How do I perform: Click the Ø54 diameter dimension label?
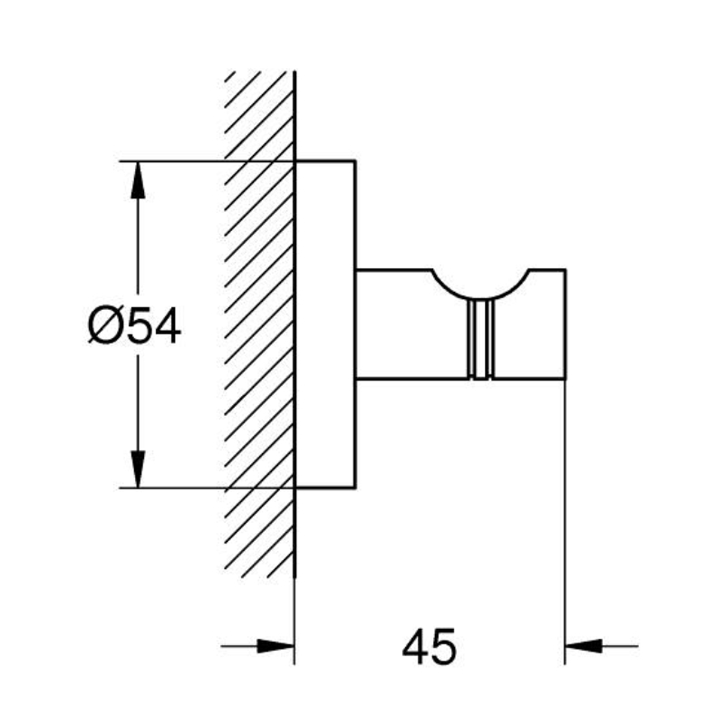(134, 327)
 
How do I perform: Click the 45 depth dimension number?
(429, 646)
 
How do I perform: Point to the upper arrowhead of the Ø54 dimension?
(138, 180)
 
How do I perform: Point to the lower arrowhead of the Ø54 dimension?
(138, 469)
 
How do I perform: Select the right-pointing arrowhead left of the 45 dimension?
(275, 646)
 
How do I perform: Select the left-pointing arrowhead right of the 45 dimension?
(584, 646)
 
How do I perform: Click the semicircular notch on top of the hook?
(481, 297)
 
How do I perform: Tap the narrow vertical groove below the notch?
(481, 339)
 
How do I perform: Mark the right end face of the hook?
(565, 324)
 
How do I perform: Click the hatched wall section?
(259, 324)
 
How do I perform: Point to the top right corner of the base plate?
(355, 161)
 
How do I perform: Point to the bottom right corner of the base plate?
(355, 488)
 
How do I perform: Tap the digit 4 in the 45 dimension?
(414, 646)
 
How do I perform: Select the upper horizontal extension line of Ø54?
(207, 161)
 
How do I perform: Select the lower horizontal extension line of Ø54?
(207, 488)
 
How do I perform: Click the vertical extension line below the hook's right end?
(565, 523)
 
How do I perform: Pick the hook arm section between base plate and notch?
(394, 324)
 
